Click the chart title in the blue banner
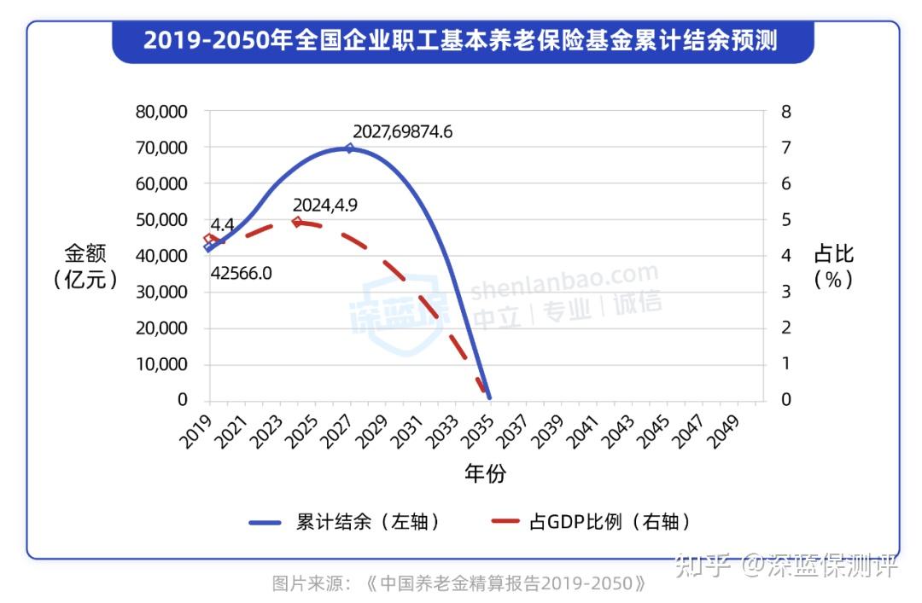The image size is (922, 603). click(x=461, y=40)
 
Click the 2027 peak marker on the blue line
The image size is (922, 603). click(x=349, y=148)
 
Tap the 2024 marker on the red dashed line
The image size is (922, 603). click(x=297, y=222)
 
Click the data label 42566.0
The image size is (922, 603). click(x=241, y=274)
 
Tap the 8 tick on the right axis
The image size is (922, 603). click(x=786, y=112)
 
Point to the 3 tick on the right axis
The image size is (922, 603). click(x=786, y=292)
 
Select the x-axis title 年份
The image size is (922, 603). click(x=485, y=474)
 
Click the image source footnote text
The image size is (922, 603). click(x=459, y=584)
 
